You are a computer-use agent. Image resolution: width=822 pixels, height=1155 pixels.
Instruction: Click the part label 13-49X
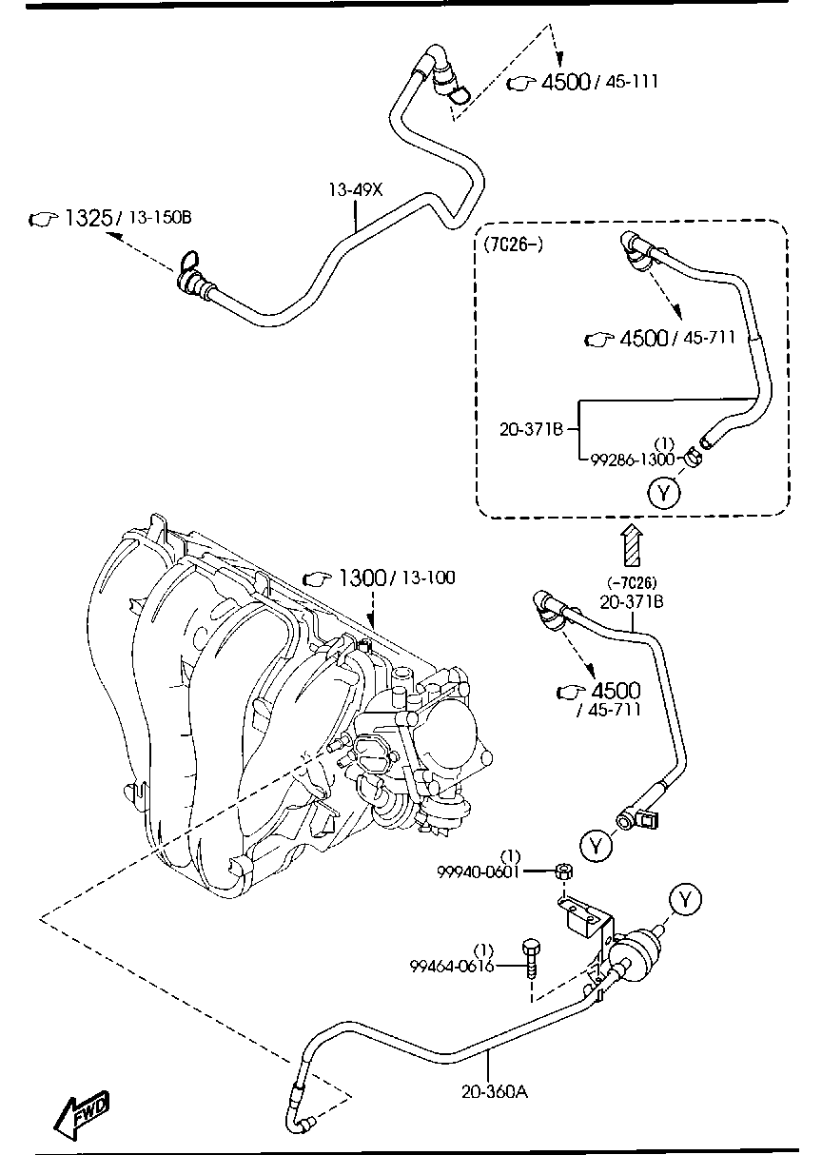tap(356, 190)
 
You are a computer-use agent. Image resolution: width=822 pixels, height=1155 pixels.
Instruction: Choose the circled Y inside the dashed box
tap(663, 491)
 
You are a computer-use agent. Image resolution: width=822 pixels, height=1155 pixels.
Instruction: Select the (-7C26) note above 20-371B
tap(632, 583)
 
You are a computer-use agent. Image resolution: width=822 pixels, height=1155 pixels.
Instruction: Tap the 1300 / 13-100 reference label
tap(379, 577)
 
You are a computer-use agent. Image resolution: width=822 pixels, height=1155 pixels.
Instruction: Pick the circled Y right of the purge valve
tap(684, 897)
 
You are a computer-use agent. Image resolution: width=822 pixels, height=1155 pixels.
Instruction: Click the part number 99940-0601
tap(478, 871)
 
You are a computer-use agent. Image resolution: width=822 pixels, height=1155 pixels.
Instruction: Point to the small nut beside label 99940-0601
tap(562, 870)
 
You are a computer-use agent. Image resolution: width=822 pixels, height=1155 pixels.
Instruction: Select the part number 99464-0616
tap(452, 966)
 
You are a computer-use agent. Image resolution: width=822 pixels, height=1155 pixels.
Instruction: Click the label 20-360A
tap(495, 1091)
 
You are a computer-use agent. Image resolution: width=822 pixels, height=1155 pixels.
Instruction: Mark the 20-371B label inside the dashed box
tap(532, 429)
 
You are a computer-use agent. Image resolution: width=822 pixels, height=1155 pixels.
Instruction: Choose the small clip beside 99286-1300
tap(691, 460)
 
